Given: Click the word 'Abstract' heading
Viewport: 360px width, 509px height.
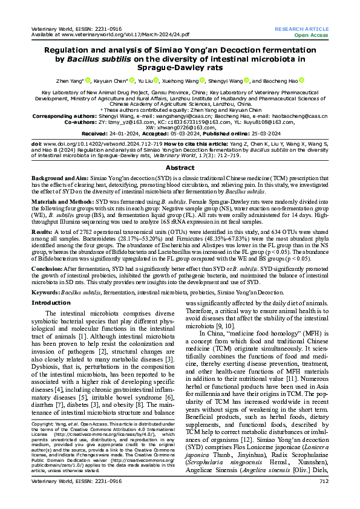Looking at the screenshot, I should pyautogui.click(x=180, y=151).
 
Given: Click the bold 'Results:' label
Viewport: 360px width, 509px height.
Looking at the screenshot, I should pyautogui.click(x=42, y=231).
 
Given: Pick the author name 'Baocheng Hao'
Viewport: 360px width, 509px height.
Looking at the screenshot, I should pyautogui.click(x=281, y=80).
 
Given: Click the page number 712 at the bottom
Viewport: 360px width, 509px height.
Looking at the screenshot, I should pyautogui.click(x=323, y=498).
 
